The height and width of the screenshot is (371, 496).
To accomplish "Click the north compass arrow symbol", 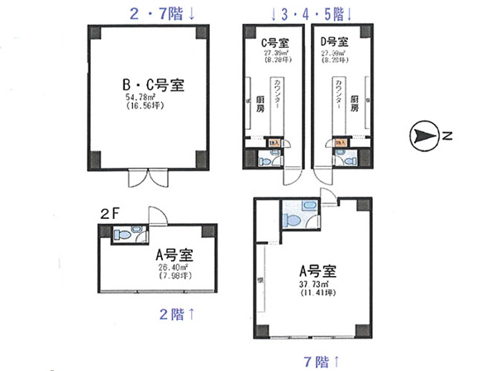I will click(x=423, y=135).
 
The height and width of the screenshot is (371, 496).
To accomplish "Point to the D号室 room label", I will click(x=336, y=42).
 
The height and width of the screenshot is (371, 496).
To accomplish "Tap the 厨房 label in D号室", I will click(x=354, y=103).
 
